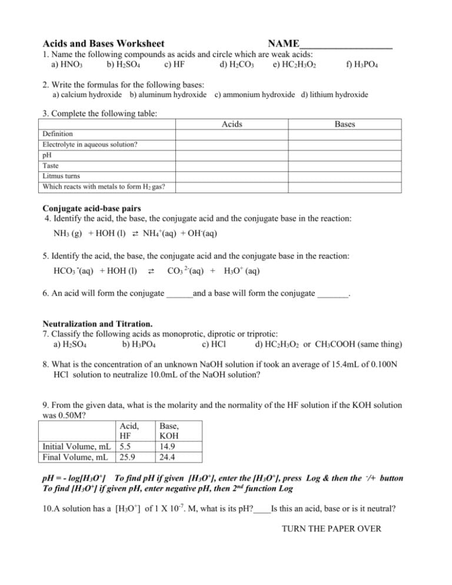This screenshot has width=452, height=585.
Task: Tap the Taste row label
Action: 51,165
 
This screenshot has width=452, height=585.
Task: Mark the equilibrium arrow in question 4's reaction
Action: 135,234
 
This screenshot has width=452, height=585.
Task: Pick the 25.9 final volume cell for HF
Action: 124,457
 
